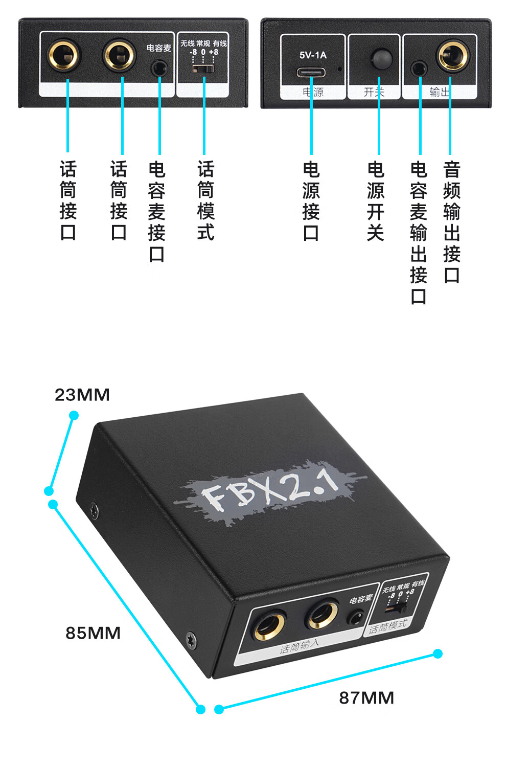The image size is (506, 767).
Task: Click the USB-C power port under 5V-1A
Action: click(x=311, y=72)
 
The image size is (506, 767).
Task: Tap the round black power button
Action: click(x=381, y=58)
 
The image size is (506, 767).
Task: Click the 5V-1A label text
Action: click(x=313, y=55)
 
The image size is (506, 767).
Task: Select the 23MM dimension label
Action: click(x=82, y=395)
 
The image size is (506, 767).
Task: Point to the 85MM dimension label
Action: click(x=93, y=633)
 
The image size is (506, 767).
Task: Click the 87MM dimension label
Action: click(x=366, y=697)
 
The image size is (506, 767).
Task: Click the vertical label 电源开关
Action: click(x=376, y=201)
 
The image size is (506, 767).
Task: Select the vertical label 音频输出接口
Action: click(x=452, y=222)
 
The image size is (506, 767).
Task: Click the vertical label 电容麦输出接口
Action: click(x=419, y=233)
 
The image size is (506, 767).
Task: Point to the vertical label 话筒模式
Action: click(x=205, y=200)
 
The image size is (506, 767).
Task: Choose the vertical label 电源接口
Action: click(x=311, y=201)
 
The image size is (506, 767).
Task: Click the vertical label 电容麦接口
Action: click(x=157, y=211)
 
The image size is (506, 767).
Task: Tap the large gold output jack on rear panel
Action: click(x=452, y=56)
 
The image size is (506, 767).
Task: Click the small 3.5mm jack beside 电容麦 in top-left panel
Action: click(x=159, y=67)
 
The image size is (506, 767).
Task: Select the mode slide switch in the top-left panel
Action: click(x=203, y=67)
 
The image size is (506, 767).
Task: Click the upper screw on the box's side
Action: click(x=94, y=510)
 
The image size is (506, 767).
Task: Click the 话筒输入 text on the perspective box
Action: click(x=300, y=647)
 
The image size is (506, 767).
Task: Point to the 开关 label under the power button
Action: click(x=374, y=92)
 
